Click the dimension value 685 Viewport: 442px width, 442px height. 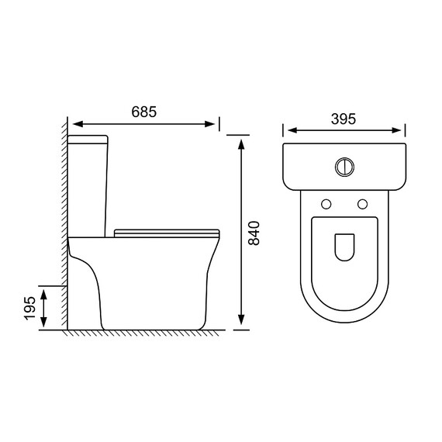[x=143, y=112]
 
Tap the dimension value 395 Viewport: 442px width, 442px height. [x=344, y=119]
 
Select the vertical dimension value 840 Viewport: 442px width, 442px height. [x=254, y=233]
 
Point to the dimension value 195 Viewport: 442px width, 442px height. [x=30, y=309]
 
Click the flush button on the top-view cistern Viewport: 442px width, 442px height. [x=344, y=167]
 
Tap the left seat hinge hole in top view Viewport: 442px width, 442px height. [x=326, y=204]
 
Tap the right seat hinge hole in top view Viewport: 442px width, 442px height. [x=362, y=204]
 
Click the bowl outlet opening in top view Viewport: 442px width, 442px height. [x=344, y=247]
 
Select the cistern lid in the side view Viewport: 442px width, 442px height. [x=88, y=140]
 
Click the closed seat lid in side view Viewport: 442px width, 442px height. [x=167, y=233]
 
